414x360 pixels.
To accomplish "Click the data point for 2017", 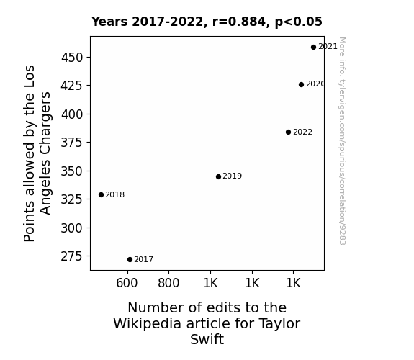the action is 130,260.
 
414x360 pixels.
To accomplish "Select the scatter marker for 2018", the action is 101,194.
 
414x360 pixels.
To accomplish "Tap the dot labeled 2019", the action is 218,176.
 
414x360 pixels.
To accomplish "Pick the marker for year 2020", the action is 301,84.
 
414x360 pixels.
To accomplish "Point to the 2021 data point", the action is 313,48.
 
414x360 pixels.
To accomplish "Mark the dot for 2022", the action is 288,132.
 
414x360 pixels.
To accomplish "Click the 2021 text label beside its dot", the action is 328,47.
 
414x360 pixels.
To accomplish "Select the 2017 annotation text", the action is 143,260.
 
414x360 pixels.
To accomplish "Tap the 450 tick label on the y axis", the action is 72,58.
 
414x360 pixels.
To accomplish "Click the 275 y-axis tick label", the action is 72,256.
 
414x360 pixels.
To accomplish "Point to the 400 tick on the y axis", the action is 72,114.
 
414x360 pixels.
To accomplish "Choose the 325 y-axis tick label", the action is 72,199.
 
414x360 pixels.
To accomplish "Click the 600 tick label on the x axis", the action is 127,283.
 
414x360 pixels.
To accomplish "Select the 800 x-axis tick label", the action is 168,283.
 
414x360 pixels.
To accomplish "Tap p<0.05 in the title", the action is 299,22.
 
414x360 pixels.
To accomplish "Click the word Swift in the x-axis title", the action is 207,339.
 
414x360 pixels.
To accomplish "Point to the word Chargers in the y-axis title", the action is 45,153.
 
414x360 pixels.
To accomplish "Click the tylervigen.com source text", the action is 342,141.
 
